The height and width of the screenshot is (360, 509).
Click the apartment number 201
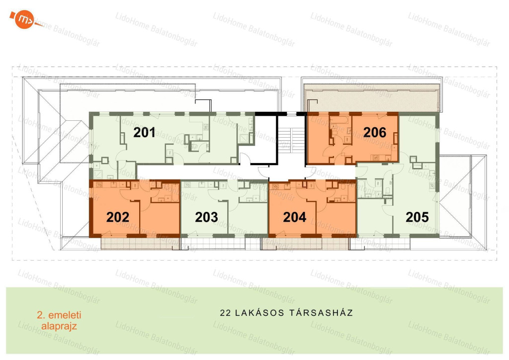click(x=144, y=132)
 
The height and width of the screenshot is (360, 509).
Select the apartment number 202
click(x=117, y=217)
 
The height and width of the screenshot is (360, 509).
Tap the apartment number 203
click(x=206, y=217)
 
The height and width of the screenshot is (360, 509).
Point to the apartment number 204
click(x=294, y=217)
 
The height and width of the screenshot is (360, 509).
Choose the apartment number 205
click(x=417, y=217)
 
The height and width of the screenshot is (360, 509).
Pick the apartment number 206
click(x=375, y=132)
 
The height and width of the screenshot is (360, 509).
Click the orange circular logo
click(x=25, y=20)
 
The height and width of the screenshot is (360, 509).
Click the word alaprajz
click(x=59, y=326)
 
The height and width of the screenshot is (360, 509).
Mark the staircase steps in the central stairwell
click(x=291, y=140)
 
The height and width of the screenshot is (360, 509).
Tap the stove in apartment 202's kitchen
click(x=99, y=185)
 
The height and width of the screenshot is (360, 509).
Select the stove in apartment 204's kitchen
click(x=275, y=186)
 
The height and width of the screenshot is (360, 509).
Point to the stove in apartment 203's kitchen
click(x=187, y=185)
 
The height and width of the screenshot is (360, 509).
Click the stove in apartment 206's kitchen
click(x=376, y=158)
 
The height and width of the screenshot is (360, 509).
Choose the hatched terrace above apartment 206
click(x=371, y=98)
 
